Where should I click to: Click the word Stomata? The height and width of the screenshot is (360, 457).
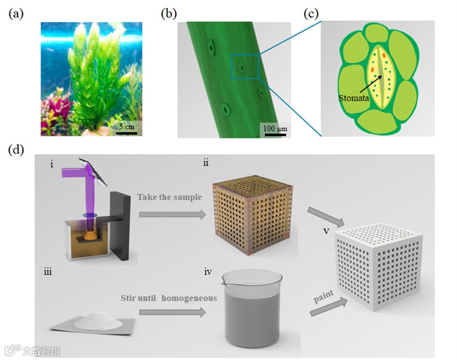(351, 99)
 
